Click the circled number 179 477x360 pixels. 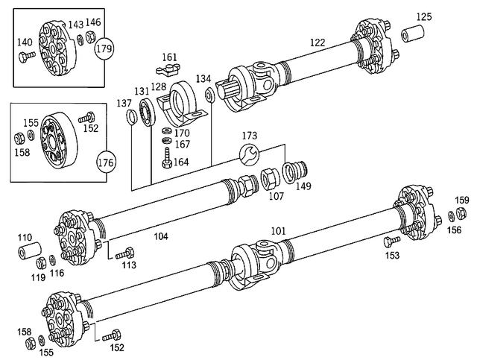pyautogui.click(x=104, y=50)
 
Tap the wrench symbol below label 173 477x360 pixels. pyautogui.click(x=249, y=154)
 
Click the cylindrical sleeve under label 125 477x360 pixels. pyautogui.click(x=414, y=35)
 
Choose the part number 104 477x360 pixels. pyautogui.click(x=160, y=236)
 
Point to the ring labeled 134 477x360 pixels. pyautogui.click(x=210, y=94)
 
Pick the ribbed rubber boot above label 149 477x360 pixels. pyautogui.click(x=297, y=170)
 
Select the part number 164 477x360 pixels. pyautogui.click(x=181, y=161)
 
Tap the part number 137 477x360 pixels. pyautogui.click(x=124, y=104)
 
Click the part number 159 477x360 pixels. pyautogui.click(x=462, y=200)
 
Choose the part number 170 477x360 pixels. pyautogui.click(x=181, y=133)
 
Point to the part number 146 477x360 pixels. pyautogui.click(x=93, y=22)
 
